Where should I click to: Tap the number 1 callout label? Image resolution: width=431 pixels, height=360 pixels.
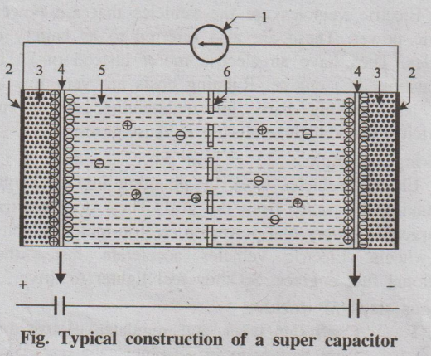pyautogui.click(x=264, y=18)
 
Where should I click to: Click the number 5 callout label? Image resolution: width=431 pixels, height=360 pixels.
pyautogui.click(x=102, y=71)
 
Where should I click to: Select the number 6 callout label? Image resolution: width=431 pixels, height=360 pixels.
pyautogui.click(x=226, y=71)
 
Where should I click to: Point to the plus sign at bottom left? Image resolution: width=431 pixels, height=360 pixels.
pyautogui.click(x=24, y=285)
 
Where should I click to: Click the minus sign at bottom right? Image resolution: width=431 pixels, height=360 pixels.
pyautogui.click(x=390, y=287)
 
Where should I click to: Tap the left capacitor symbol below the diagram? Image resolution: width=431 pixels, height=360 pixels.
pyautogui.click(x=60, y=305)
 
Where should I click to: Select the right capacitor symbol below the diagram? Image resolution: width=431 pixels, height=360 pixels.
pyautogui.click(x=354, y=308)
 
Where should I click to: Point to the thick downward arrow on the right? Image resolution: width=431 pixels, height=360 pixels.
pyautogui.click(x=355, y=269)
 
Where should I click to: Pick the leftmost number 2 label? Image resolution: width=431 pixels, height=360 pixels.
pyautogui.click(x=9, y=70)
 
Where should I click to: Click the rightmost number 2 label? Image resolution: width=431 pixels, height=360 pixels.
pyautogui.click(x=412, y=73)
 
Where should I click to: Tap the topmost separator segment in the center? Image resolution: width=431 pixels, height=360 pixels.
pyautogui.click(x=211, y=102)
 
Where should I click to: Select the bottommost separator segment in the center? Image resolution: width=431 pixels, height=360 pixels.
pyautogui.click(x=210, y=236)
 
